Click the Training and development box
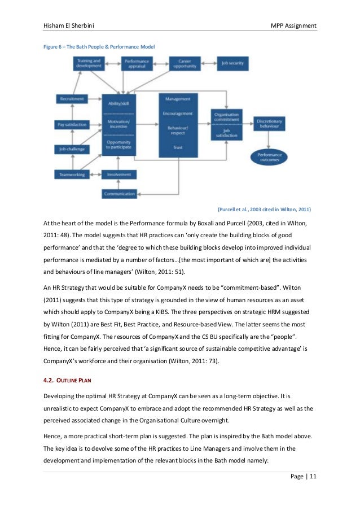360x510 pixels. pos(89,63)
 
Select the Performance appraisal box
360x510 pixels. pos(137,63)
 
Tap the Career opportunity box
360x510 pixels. pos(185,63)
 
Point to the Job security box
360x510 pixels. pos(232,63)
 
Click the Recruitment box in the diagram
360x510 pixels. pos(72,99)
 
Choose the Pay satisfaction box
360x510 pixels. pos(72,124)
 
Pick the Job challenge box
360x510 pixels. pos(72,149)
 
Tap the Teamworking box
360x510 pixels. pos(72,175)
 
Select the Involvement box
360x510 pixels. pos(119,175)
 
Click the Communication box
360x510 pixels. pos(119,194)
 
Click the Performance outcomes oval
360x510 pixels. pos(269,157)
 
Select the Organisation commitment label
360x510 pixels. pos(227,117)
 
